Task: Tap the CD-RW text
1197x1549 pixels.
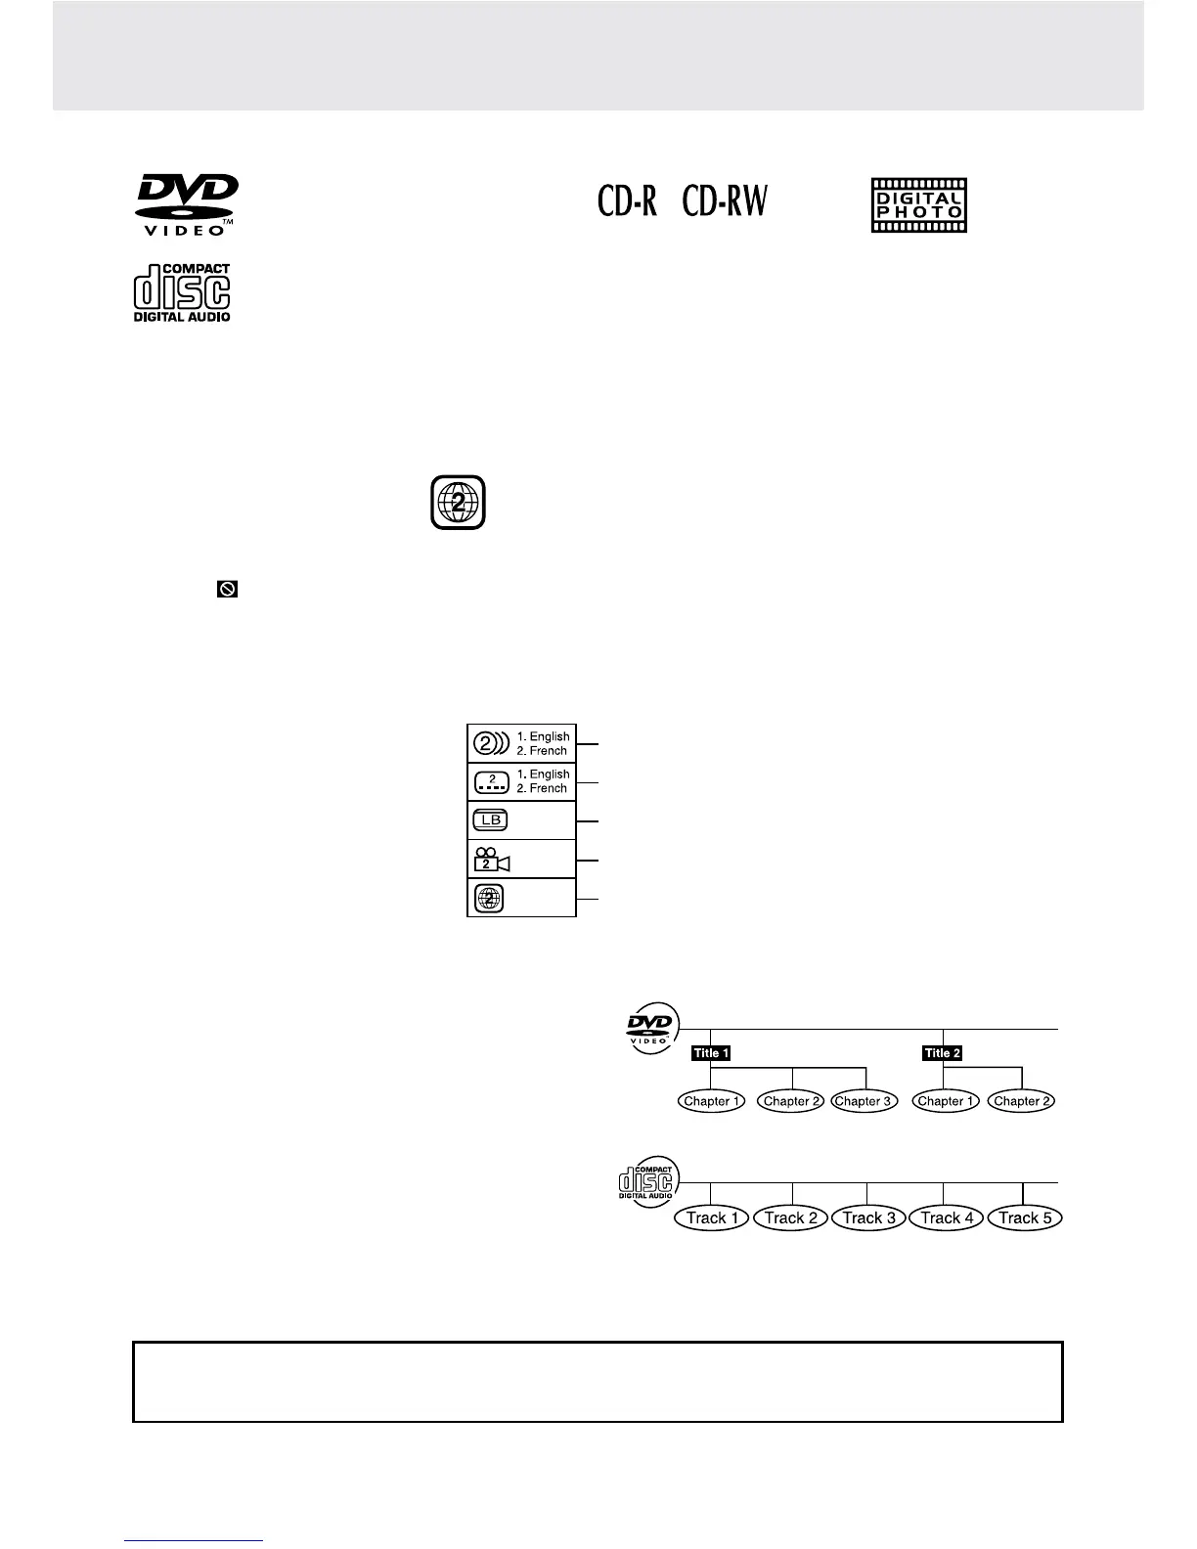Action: (x=725, y=202)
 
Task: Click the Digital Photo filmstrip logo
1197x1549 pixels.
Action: (x=918, y=205)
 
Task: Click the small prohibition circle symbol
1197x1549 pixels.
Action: (x=227, y=589)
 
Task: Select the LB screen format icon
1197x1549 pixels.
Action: (x=490, y=820)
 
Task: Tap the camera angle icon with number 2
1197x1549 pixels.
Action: (x=490, y=859)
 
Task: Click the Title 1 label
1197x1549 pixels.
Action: (x=711, y=1053)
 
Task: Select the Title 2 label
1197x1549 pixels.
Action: (x=943, y=1053)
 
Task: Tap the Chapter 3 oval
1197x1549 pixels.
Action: (x=864, y=1101)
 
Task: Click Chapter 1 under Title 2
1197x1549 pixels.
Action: (x=944, y=1101)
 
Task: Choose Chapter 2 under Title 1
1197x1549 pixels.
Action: (x=792, y=1101)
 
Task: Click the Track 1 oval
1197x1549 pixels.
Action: (x=712, y=1218)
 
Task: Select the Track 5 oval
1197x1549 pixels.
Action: (x=1025, y=1218)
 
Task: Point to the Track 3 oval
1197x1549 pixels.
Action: (x=868, y=1218)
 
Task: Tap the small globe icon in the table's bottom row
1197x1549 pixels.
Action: (x=490, y=898)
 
